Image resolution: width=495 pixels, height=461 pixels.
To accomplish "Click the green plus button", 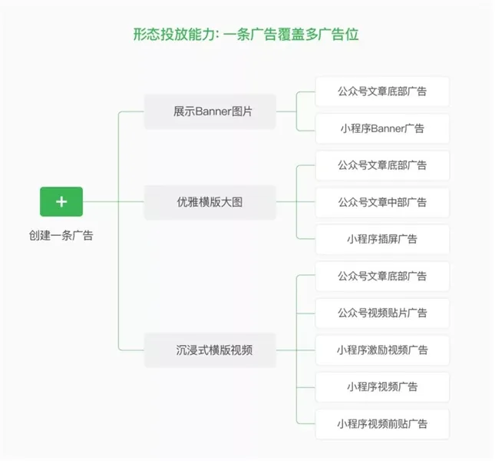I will click(x=61, y=202).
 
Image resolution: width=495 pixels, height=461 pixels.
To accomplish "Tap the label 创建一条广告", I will click(x=61, y=236).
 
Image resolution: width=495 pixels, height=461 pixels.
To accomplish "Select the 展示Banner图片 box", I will click(x=210, y=112).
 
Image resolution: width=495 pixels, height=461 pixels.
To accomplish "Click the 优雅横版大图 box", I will click(x=210, y=202).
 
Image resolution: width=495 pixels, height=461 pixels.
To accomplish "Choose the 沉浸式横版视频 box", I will click(x=210, y=350).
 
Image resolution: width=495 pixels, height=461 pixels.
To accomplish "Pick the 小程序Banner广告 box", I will click(x=382, y=128).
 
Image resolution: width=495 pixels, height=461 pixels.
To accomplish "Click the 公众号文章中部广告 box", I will click(x=382, y=202).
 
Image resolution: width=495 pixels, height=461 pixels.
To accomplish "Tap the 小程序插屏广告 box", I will click(x=382, y=239).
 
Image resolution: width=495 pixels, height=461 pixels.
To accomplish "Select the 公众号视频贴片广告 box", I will click(x=382, y=313).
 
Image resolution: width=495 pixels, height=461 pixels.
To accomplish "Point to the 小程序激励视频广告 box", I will click(x=382, y=350).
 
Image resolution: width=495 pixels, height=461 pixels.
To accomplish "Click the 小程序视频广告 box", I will click(x=382, y=386).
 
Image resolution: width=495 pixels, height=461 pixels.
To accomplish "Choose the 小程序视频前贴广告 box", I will click(x=382, y=423).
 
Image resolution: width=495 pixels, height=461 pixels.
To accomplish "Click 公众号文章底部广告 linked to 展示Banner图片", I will click(x=382, y=91).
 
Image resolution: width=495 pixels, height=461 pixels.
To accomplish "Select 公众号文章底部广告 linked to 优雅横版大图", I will click(x=382, y=165).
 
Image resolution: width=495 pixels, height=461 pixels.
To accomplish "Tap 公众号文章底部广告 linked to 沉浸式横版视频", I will click(x=382, y=276).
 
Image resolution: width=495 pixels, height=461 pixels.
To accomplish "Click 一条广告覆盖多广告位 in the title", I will click(x=292, y=34).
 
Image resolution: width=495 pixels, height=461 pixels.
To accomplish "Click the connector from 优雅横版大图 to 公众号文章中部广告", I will click(x=295, y=202).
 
